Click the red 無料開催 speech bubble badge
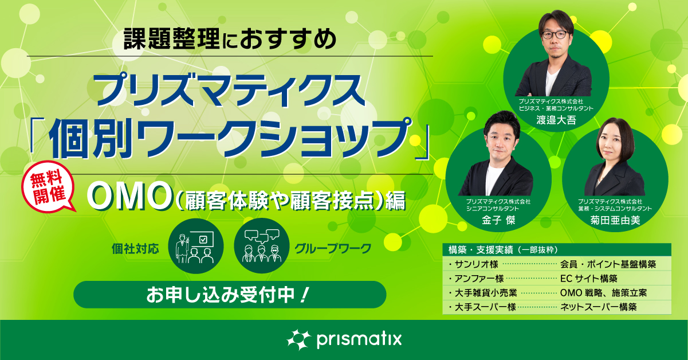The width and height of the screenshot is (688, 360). click(x=48, y=187)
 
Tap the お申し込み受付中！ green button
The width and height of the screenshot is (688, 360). click(x=230, y=295)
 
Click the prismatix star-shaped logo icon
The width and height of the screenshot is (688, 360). click(x=298, y=340)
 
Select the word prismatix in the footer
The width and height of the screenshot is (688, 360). click(x=359, y=340)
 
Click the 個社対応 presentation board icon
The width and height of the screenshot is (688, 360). click(x=196, y=246)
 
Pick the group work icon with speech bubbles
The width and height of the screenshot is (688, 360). click(x=262, y=246)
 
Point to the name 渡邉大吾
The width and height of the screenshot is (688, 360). click(x=556, y=120)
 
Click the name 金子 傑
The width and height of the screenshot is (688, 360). click(x=498, y=220)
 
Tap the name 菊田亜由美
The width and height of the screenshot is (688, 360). click(x=615, y=220)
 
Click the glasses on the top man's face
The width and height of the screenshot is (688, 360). click(x=555, y=34)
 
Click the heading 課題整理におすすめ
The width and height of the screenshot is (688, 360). click(x=230, y=39)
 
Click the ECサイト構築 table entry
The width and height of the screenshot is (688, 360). click(x=589, y=279)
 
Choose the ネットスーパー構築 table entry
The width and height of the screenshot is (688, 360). click(x=598, y=307)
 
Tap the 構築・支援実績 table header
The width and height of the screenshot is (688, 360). click(x=503, y=249)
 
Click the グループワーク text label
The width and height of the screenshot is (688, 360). click(x=333, y=248)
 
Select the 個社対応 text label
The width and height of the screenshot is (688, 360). click(x=135, y=248)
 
